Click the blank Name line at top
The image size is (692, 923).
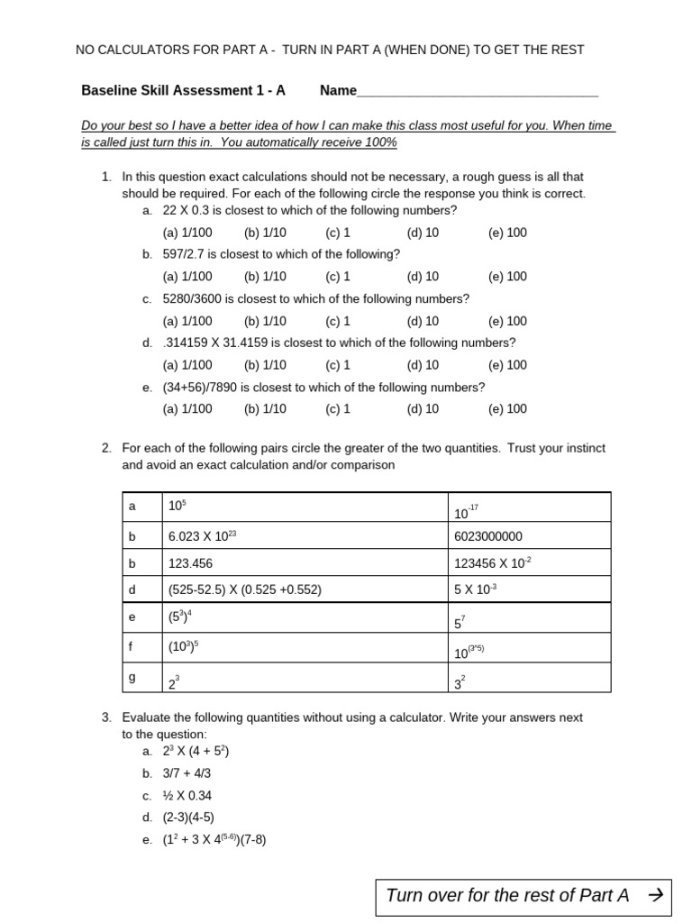478,92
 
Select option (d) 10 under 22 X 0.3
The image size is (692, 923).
423,233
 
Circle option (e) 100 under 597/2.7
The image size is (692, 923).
507,277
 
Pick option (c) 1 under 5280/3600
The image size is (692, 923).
338,321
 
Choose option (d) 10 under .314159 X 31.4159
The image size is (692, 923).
423,365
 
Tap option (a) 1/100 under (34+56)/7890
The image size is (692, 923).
187,408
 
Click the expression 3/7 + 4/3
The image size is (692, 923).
187,773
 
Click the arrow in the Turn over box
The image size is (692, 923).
655,895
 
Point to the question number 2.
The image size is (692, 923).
105,448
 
